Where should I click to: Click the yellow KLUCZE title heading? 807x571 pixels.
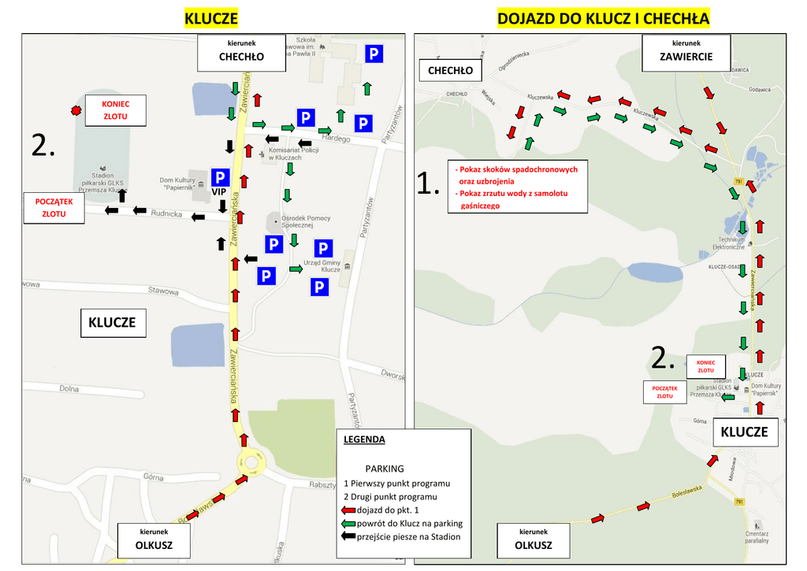[x=210, y=18]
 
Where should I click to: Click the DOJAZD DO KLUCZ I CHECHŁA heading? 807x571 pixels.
[x=604, y=18]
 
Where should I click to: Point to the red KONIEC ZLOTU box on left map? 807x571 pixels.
[x=116, y=110]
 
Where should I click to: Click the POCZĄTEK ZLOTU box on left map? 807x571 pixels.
[x=54, y=207]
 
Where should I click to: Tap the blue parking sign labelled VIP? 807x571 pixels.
[x=220, y=178]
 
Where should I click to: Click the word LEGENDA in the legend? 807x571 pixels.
[x=365, y=439]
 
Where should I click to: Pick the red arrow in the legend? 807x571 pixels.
[x=349, y=510]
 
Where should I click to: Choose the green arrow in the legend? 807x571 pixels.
[x=349, y=524]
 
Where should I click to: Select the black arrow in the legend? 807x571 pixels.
[x=349, y=537]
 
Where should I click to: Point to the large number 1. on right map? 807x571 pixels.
[x=428, y=184]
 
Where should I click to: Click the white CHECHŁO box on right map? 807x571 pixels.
[x=450, y=71]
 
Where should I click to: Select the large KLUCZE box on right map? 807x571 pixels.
[x=744, y=432]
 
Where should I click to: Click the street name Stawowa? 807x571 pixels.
[x=164, y=291]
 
